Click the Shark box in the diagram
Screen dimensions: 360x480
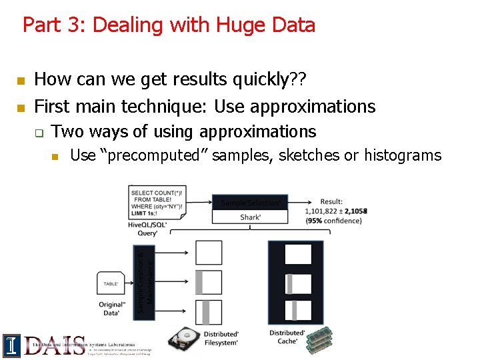(x=250, y=217)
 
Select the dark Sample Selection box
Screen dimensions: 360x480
(x=250, y=202)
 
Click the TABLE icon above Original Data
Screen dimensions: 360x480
(x=111, y=283)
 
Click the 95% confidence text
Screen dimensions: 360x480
(x=333, y=221)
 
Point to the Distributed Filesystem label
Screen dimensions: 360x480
(x=221, y=338)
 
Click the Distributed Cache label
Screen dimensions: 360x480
(x=287, y=337)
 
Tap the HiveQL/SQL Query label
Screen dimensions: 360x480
(x=147, y=229)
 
